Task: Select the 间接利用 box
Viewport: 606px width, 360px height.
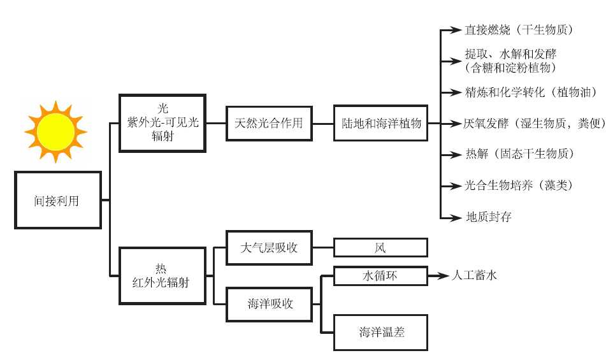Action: pyautogui.click(x=58, y=200)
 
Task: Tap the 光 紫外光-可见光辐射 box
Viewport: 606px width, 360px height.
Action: pyautogui.click(x=162, y=122)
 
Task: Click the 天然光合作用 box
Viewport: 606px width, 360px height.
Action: pyautogui.click(x=270, y=123)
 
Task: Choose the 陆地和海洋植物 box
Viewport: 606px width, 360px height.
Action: pyautogui.click(x=380, y=123)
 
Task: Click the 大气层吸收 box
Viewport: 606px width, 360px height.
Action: pyautogui.click(x=270, y=247)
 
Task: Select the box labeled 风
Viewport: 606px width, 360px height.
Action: pyautogui.click(x=380, y=247)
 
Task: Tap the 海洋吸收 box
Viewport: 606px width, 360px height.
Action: pyautogui.click(x=270, y=303)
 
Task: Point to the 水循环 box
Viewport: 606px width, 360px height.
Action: pyautogui.click(x=380, y=276)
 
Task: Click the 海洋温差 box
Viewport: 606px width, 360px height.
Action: pyautogui.click(x=380, y=331)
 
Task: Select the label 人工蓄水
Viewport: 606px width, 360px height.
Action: pyautogui.click(x=473, y=276)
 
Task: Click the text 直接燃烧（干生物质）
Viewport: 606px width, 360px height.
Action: pyautogui.click(x=520, y=29)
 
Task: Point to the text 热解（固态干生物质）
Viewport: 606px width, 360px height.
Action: pyautogui.click(x=520, y=154)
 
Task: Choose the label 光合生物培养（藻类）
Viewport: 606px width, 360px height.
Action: pyautogui.click(x=519, y=185)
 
